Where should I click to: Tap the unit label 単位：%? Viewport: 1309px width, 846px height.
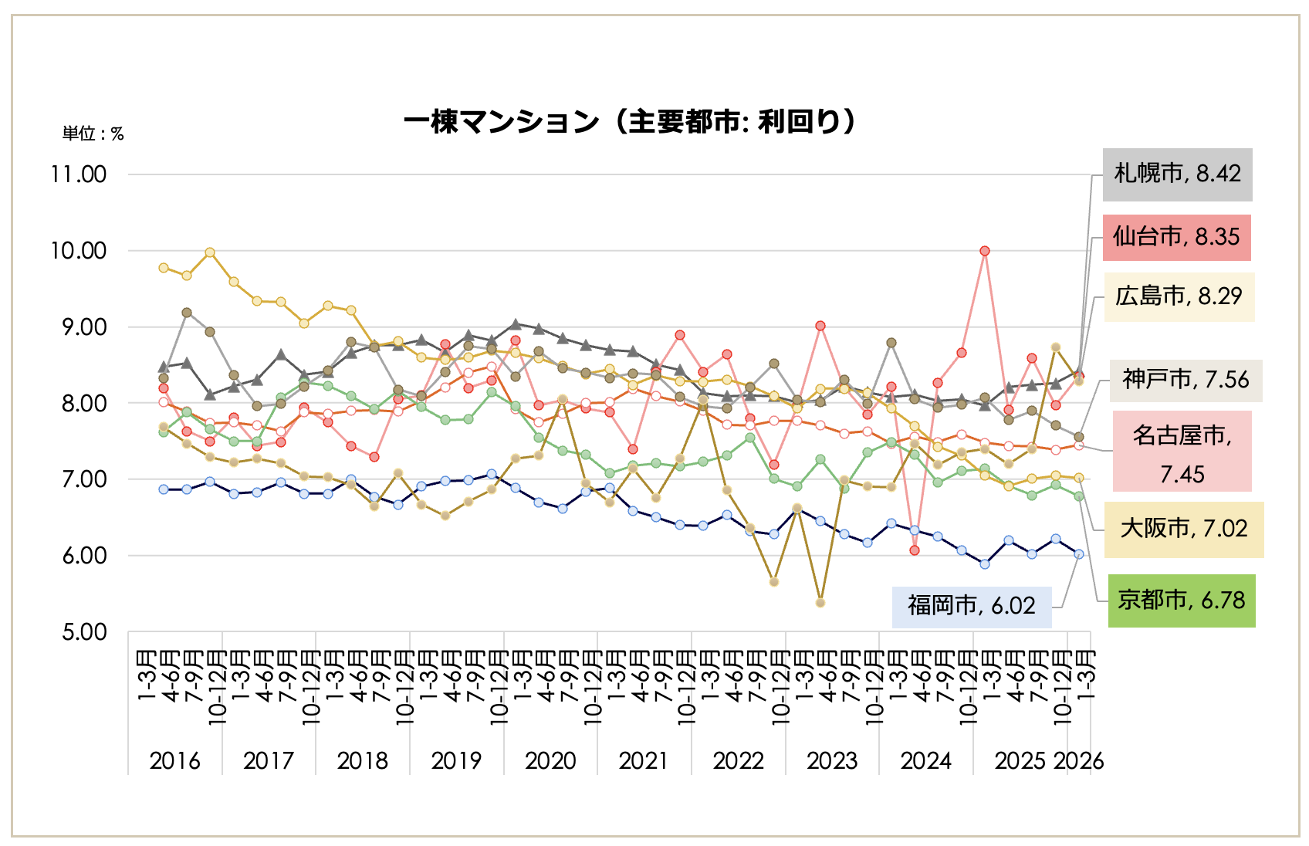93,134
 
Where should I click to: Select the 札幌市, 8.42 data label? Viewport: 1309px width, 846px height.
1177,174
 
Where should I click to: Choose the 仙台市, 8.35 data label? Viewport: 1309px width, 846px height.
1176,237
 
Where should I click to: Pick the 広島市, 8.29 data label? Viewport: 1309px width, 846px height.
1179,296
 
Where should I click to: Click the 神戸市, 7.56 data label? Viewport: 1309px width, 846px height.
1186,380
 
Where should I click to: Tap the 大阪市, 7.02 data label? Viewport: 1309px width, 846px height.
1183,530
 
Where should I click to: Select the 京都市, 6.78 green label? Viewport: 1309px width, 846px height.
1181,601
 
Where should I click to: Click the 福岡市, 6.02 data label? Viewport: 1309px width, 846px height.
971,606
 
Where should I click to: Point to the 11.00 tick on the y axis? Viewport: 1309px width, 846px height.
79,174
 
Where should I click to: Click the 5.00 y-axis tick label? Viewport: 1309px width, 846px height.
84,633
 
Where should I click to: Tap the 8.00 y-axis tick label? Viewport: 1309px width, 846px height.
84,404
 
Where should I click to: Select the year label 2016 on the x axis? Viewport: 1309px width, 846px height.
174,761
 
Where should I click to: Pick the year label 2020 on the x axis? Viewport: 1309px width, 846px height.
550,761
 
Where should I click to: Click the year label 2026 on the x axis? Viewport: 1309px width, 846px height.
1078,761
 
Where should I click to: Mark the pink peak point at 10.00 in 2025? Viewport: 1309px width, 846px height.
985,251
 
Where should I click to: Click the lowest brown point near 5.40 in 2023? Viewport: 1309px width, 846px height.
820,603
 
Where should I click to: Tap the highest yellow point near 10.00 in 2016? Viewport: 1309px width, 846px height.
210,252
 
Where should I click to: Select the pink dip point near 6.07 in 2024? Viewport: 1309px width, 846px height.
915,550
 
